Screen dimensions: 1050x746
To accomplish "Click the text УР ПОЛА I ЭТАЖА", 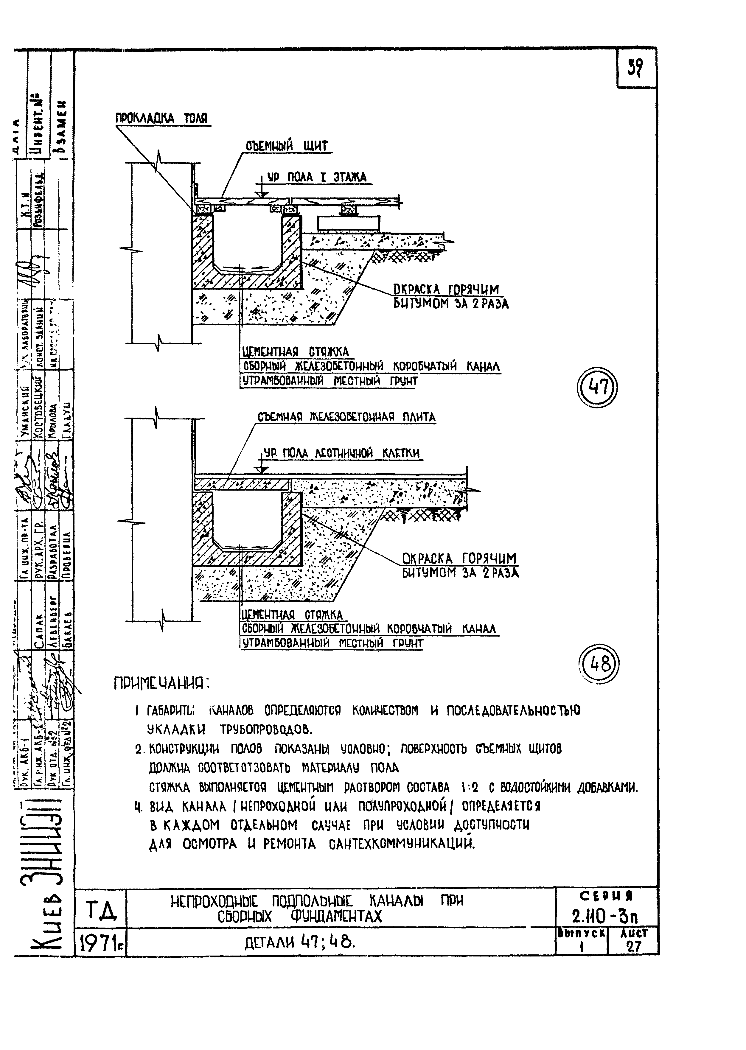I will pyautogui.click(x=317, y=177).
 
